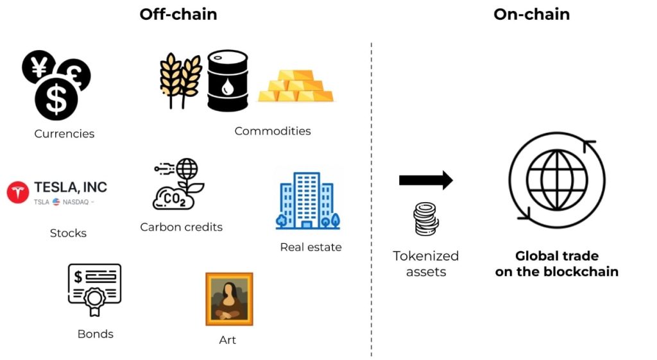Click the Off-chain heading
pos(178,14)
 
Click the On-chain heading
pos(531,14)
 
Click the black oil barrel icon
pos(227,81)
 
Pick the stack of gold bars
pos(296,85)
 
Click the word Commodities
pos(272,131)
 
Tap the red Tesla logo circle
pos(18,193)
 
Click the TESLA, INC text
pos(71,187)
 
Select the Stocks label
pos(68,233)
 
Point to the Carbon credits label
pos(181,227)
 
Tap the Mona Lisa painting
pos(229,299)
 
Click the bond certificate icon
pos(95,289)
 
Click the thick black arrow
pos(425,181)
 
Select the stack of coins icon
pos(426,219)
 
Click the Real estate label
pos(311,247)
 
